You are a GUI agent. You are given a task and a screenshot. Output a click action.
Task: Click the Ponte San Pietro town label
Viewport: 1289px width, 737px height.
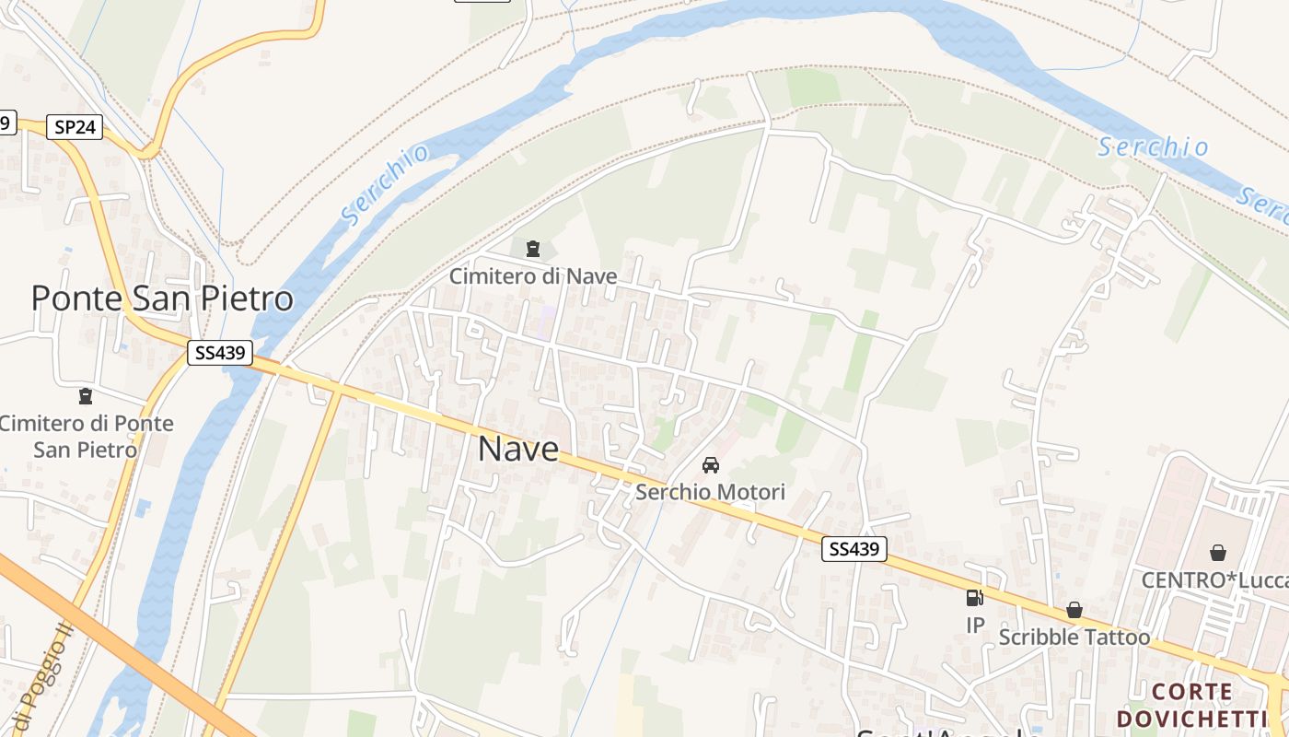tap(162, 298)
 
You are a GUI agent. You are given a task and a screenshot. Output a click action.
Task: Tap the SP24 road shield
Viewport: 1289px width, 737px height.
tap(75, 127)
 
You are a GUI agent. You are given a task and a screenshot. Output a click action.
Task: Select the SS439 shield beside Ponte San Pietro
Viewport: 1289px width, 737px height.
tap(220, 352)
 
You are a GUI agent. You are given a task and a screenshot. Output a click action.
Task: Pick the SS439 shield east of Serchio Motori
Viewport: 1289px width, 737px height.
tap(854, 549)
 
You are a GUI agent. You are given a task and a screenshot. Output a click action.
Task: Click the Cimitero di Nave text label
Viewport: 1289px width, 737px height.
tap(533, 275)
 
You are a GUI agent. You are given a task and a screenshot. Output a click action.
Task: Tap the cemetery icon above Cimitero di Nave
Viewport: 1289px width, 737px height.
tap(532, 248)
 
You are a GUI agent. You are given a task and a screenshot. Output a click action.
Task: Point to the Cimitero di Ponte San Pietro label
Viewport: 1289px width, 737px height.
tap(86, 436)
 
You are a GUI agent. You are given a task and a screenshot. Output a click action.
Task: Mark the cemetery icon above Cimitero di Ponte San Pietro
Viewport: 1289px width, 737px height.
tap(86, 396)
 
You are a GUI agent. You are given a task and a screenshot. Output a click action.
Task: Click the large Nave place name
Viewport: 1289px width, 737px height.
tap(518, 449)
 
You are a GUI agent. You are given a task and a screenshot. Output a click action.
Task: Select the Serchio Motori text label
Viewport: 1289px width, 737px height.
tap(710, 492)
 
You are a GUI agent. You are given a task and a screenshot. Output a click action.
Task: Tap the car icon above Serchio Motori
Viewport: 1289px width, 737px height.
tap(710, 464)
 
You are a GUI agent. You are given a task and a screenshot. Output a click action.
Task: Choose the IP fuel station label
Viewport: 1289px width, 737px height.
tap(975, 626)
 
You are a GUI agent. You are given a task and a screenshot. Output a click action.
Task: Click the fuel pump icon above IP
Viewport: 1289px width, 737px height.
tap(974, 598)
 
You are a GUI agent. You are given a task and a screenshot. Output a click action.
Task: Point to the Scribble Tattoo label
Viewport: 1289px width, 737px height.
tap(1074, 637)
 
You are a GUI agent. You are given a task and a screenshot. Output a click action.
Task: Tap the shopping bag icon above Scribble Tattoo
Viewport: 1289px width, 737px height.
tap(1074, 610)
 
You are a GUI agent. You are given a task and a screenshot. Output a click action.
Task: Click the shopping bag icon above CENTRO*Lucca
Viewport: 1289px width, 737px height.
tap(1218, 552)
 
